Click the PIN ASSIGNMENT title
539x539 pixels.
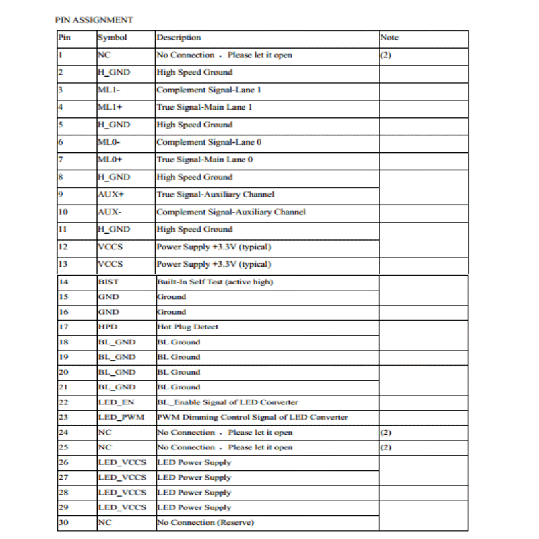[x=94, y=20]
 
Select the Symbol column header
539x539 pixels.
[x=112, y=38]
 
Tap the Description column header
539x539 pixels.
[x=179, y=38]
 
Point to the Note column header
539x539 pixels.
[x=389, y=38]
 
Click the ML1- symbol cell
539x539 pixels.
[x=108, y=90]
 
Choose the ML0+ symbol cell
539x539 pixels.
[x=110, y=160]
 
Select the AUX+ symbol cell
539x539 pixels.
[x=110, y=195]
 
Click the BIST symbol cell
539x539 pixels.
[x=108, y=282]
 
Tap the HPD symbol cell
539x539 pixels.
[x=107, y=327]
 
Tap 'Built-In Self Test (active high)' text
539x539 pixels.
[x=214, y=282]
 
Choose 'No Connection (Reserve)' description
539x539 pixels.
[x=205, y=522]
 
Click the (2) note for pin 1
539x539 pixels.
[x=385, y=55]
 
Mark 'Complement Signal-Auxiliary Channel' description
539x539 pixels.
[x=230, y=212]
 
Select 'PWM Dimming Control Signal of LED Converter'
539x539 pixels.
[x=252, y=417]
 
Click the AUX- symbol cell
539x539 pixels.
[x=109, y=212]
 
